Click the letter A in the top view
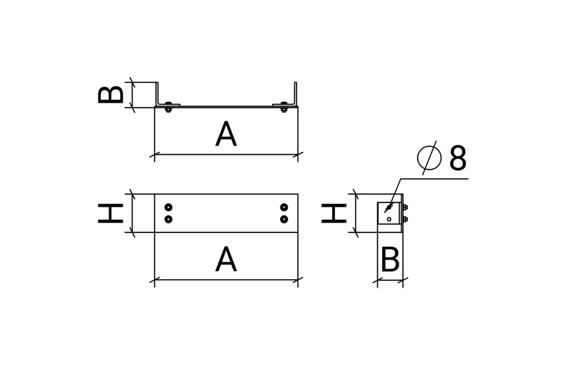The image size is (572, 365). (x=226, y=134)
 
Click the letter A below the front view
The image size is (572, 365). (x=226, y=259)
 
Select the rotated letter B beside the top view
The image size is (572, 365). (x=111, y=95)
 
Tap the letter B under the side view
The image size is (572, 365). (x=390, y=259)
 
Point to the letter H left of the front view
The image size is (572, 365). (x=111, y=213)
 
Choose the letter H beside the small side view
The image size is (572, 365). (x=334, y=213)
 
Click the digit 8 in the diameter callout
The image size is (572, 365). (x=458, y=158)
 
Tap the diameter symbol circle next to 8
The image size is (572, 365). (x=430, y=158)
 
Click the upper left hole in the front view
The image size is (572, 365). (x=168, y=207)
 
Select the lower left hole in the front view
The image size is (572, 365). (x=168, y=219)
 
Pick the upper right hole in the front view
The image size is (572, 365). (x=284, y=207)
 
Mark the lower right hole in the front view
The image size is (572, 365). (x=284, y=219)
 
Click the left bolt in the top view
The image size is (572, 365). (x=168, y=106)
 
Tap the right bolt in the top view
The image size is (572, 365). (x=284, y=106)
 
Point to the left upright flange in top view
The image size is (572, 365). (x=158, y=93)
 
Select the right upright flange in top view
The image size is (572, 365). (x=295, y=93)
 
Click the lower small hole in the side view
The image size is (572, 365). (x=389, y=220)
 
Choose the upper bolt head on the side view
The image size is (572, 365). (x=405, y=207)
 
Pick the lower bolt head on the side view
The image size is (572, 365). (x=405, y=220)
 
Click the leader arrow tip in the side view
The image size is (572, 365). (x=385, y=212)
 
